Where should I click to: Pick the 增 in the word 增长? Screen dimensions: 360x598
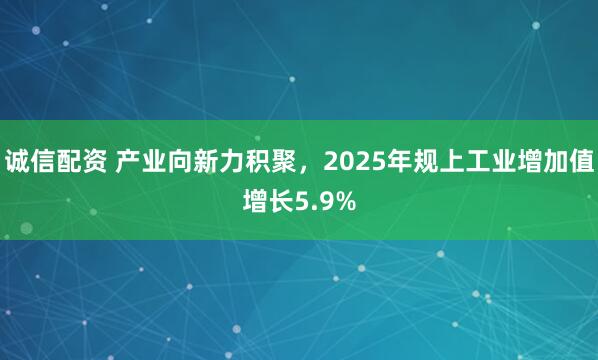[x=254, y=203]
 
